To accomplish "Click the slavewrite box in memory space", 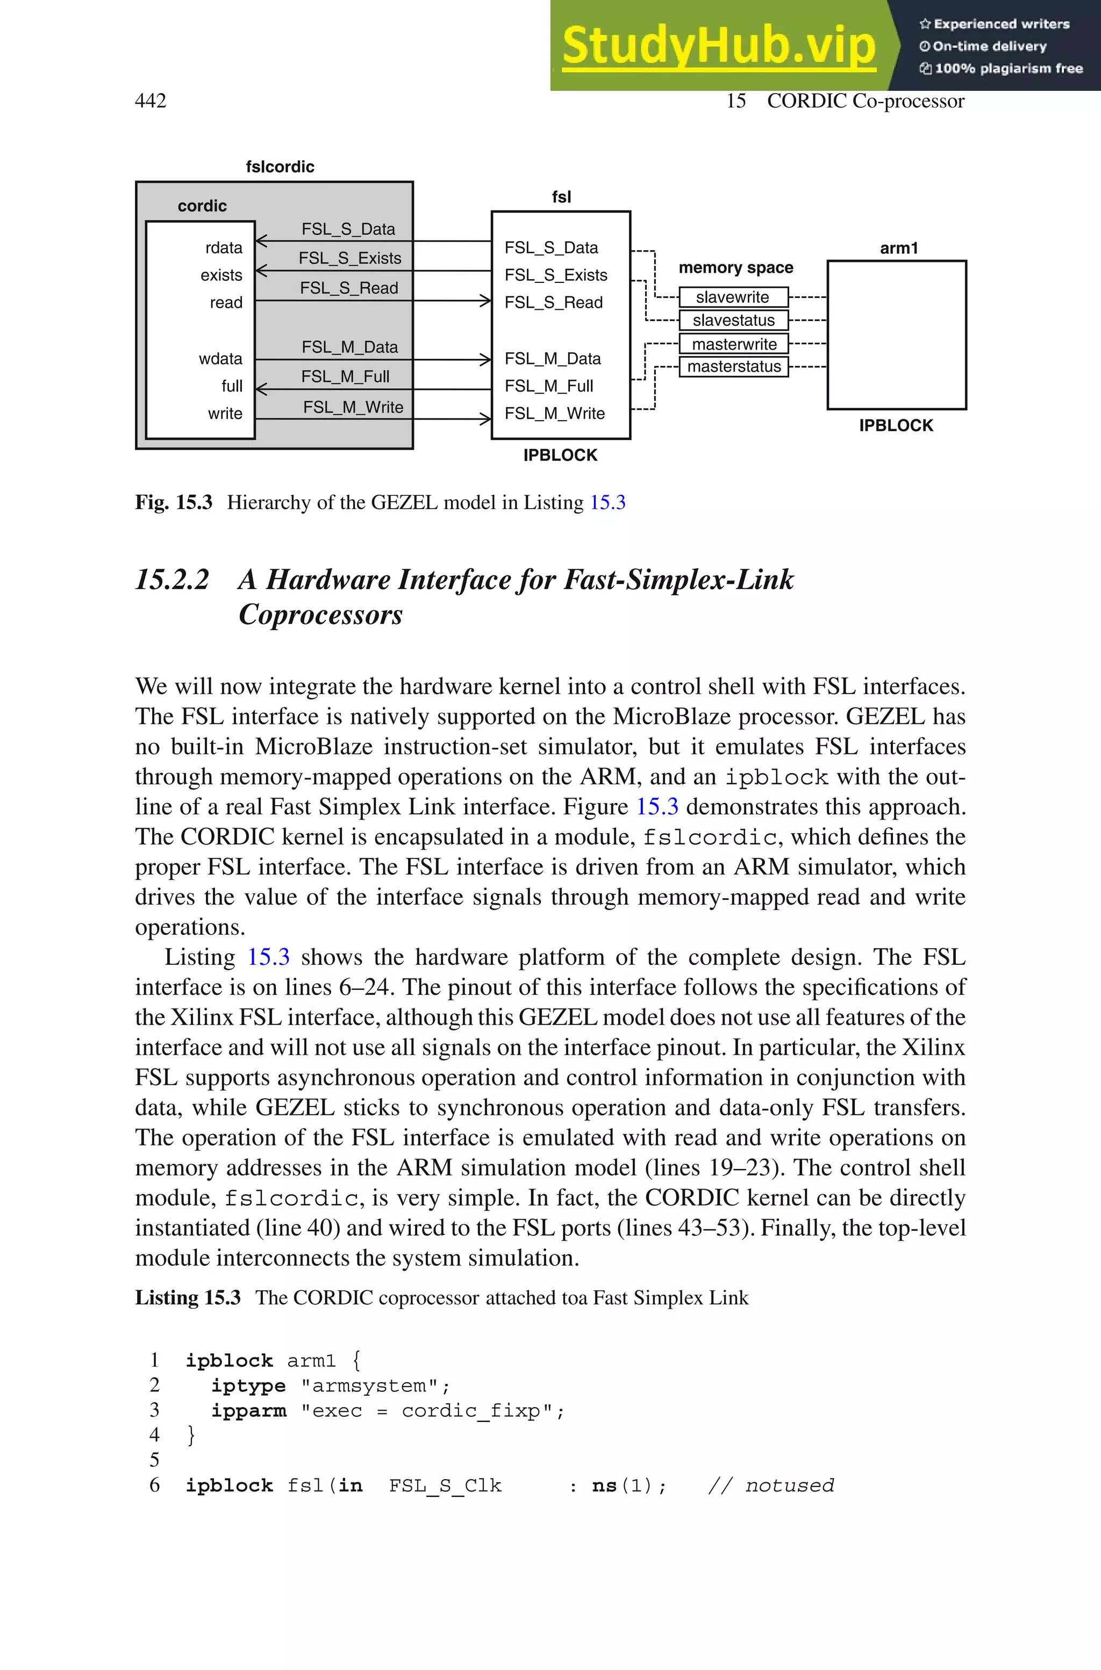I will coord(733,297).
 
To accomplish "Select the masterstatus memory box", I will coord(733,367).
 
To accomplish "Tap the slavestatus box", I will coord(733,320).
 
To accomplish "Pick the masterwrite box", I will coord(733,344).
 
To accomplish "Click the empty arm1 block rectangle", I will coord(897,335).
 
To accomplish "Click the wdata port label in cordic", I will coord(220,359).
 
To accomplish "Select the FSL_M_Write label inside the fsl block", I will coord(554,414).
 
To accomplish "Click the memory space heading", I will coord(735,267).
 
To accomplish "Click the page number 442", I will coord(151,101).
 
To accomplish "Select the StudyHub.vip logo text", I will coord(718,46).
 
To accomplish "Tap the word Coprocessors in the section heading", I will coord(320,615).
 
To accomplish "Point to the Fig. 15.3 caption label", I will coord(174,503).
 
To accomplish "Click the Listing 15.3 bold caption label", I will coord(188,1298).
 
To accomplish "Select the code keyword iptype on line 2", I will coord(248,1385).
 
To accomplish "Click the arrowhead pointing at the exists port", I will coord(261,271).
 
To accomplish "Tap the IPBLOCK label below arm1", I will coord(896,425).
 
